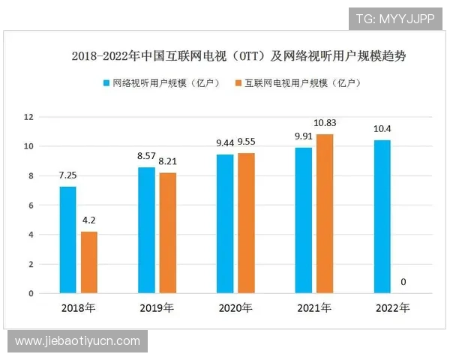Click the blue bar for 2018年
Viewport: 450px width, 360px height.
click(68, 240)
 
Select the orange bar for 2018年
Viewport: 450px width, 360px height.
click(89, 262)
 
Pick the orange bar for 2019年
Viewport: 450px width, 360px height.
click(168, 233)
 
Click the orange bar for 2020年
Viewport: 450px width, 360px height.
click(247, 223)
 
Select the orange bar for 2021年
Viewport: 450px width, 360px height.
click(325, 214)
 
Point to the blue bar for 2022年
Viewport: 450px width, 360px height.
click(382, 217)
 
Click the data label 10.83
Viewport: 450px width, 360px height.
click(325, 122)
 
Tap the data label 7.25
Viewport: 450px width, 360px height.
click(68, 175)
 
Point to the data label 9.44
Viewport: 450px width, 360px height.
click(226, 142)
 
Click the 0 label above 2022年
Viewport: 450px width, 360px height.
click(403, 282)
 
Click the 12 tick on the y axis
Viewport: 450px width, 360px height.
click(29, 117)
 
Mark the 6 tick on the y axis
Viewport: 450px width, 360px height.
click(31, 205)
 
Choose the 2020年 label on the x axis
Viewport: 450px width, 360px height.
click(235, 308)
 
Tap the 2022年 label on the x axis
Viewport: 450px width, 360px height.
click(393, 308)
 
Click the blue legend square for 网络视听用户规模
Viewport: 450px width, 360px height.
click(107, 82)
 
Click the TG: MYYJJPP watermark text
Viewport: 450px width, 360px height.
click(394, 17)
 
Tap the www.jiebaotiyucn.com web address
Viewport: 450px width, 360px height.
click(77, 341)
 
